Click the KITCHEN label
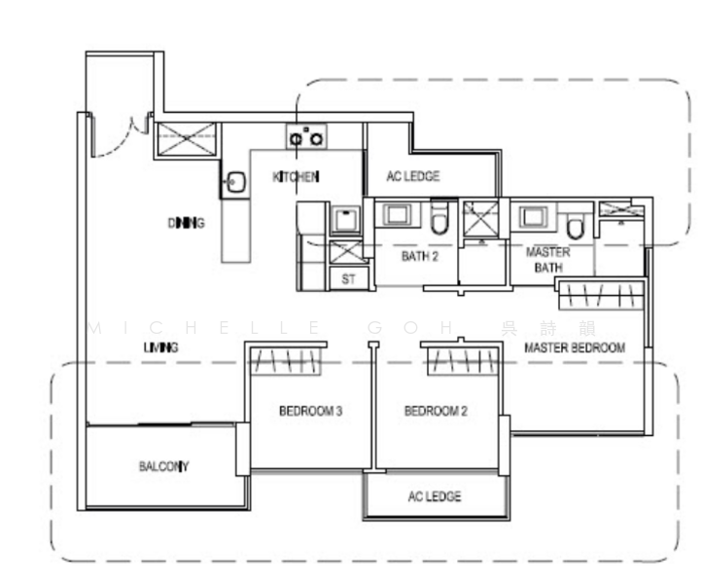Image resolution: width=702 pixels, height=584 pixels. [x=296, y=176]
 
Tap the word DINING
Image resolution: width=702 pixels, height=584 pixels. [x=186, y=223]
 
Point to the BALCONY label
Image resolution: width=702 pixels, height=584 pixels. [x=163, y=466]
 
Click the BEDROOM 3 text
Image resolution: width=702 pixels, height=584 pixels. [x=310, y=411]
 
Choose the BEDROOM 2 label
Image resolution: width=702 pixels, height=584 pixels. [x=436, y=411]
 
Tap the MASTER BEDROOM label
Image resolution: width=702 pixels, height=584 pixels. [x=574, y=347]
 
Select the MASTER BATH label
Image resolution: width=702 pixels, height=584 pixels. [x=547, y=258]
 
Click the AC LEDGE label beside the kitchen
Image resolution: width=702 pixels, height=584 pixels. [x=413, y=176]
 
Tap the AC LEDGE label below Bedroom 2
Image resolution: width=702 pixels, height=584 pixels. [x=435, y=496]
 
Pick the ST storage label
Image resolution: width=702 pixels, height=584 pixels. [x=348, y=278]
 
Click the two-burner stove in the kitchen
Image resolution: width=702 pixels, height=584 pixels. [x=306, y=136]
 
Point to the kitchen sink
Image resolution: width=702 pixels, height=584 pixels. [x=234, y=181]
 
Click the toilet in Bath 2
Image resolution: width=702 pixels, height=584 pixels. [x=439, y=220]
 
